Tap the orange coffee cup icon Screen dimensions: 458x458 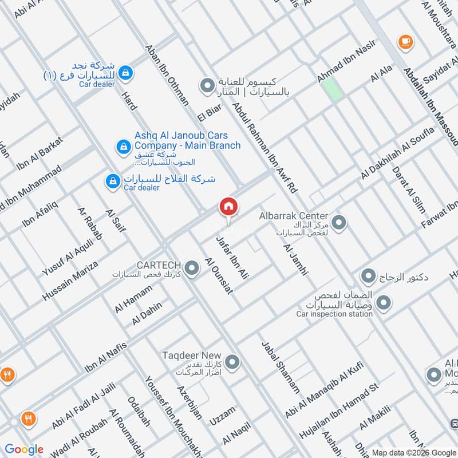pos(405,41)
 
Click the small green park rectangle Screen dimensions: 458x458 pos(331,89)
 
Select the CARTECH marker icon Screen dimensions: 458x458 pos(193,267)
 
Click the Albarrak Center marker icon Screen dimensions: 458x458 pos(339,222)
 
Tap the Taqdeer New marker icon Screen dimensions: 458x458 pos(232,362)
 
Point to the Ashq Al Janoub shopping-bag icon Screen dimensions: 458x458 pos(123,147)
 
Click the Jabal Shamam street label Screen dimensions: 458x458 pos(281,367)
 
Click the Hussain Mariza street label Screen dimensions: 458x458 pos(70,281)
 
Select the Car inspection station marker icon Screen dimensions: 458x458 pos(384,302)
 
